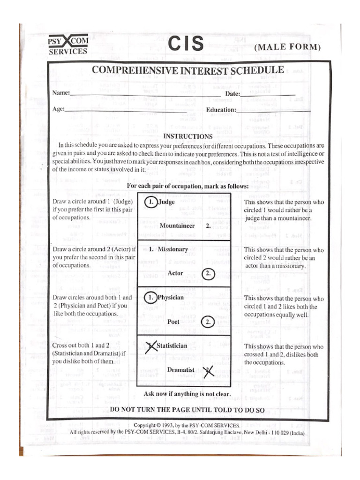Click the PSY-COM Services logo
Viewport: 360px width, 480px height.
coord(68,45)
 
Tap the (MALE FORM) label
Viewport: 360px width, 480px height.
coord(287,47)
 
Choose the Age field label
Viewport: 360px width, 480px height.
coord(59,109)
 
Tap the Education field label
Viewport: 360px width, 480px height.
coord(221,110)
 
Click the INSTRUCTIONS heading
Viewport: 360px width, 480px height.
coord(187,136)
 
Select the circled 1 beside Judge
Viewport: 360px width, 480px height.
coord(150,202)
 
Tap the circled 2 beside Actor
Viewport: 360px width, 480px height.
coord(209,274)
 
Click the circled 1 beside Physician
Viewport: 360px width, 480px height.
coord(150,298)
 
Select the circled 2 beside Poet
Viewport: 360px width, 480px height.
coord(209,322)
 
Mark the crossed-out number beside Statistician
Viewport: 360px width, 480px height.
coord(150,346)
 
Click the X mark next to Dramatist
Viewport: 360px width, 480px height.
coord(208,371)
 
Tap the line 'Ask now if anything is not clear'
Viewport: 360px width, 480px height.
coord(187,394)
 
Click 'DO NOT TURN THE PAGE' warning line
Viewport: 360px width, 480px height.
coord(187,410)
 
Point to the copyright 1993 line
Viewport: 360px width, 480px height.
coord(187,425)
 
